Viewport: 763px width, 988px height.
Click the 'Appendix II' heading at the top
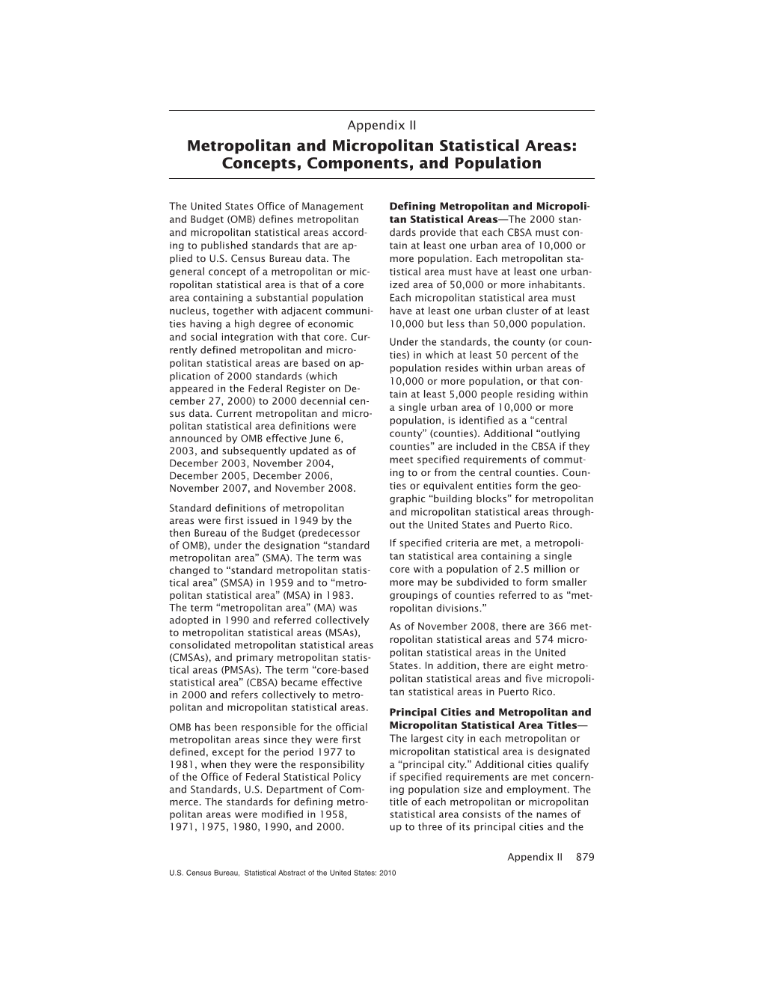[381, 124]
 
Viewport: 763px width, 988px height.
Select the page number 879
[585, 857]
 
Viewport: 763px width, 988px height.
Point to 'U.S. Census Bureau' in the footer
[203, 873]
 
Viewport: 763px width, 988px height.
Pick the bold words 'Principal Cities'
[431, 713]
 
